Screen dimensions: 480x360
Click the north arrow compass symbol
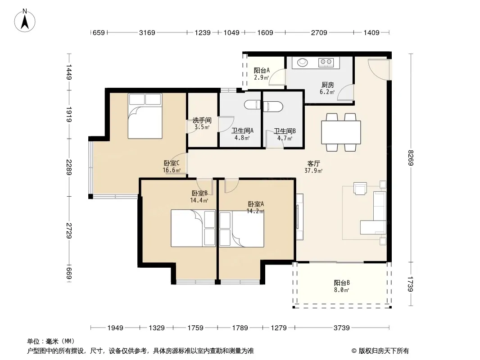[x=25, y=21]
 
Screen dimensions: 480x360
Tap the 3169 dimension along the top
[x=147, y=33]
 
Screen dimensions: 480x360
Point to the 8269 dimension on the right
[x=411, y=158]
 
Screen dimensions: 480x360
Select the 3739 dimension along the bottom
[x=341, y=328]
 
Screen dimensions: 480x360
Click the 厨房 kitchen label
[x=327, y=85]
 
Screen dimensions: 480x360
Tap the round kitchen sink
[x=303, y=62]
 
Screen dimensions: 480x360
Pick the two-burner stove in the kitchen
[x=326, y=63]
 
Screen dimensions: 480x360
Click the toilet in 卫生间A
[x=252, y=105]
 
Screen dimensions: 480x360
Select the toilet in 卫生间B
[x=273, y=106]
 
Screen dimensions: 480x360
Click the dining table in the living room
[x=341, y=132]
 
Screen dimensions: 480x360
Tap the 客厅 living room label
[x=313, y=164]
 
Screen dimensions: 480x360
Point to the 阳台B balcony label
[x=342, y=283]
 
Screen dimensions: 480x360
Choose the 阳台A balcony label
[x=262, y=70]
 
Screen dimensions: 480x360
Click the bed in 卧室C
[x=145, y=116]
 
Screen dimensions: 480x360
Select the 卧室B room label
[x=199, y=193]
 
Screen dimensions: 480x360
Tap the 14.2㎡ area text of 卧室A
[x=255, y=211]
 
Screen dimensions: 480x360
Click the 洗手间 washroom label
[x=202, y=120]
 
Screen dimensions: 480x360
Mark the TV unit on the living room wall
[x=299, y=216]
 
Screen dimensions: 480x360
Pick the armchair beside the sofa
[x=360, y=188]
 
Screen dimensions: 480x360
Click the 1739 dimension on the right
[x=411, y=284]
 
